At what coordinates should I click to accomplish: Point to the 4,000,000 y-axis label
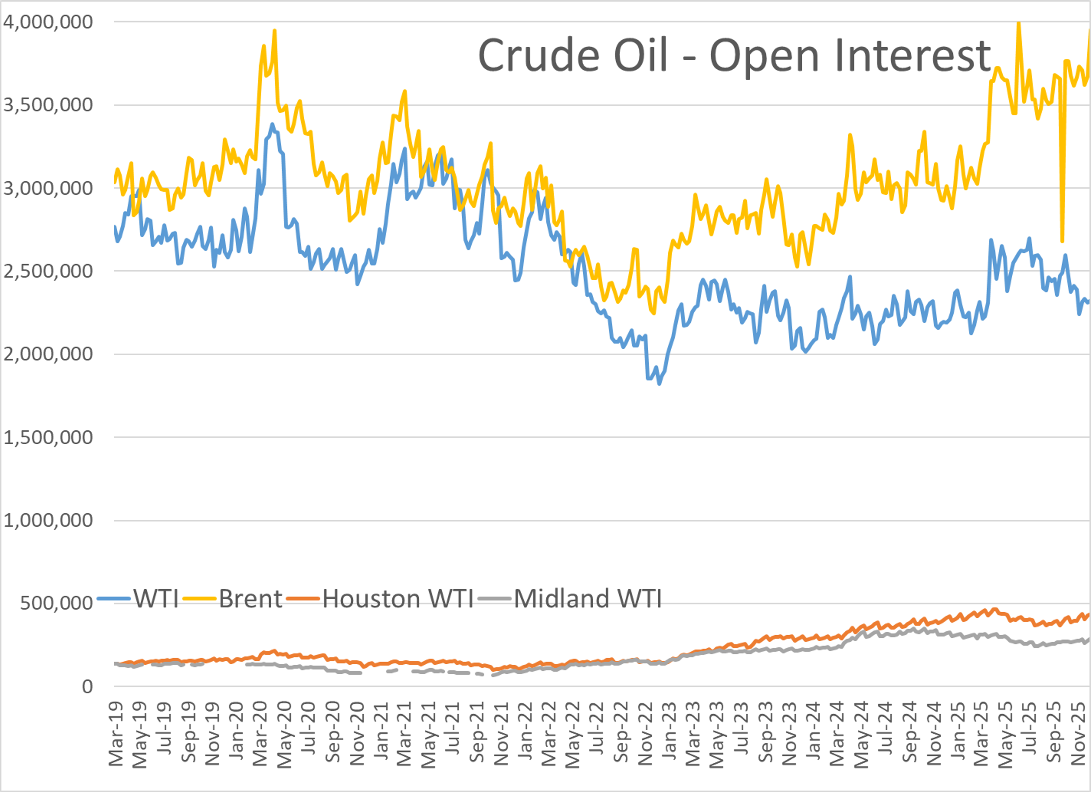[x=48, y=22]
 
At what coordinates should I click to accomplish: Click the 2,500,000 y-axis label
[x=48, y=271]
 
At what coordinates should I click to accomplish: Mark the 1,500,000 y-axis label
[x=48, y=438]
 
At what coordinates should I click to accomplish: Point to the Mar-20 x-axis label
[x=260, y=734]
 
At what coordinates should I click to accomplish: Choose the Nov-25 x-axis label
[x=1078, y=734]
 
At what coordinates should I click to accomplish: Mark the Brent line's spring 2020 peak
[x=274, y=31]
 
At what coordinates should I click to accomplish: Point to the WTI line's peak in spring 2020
[x=272, y=124]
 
